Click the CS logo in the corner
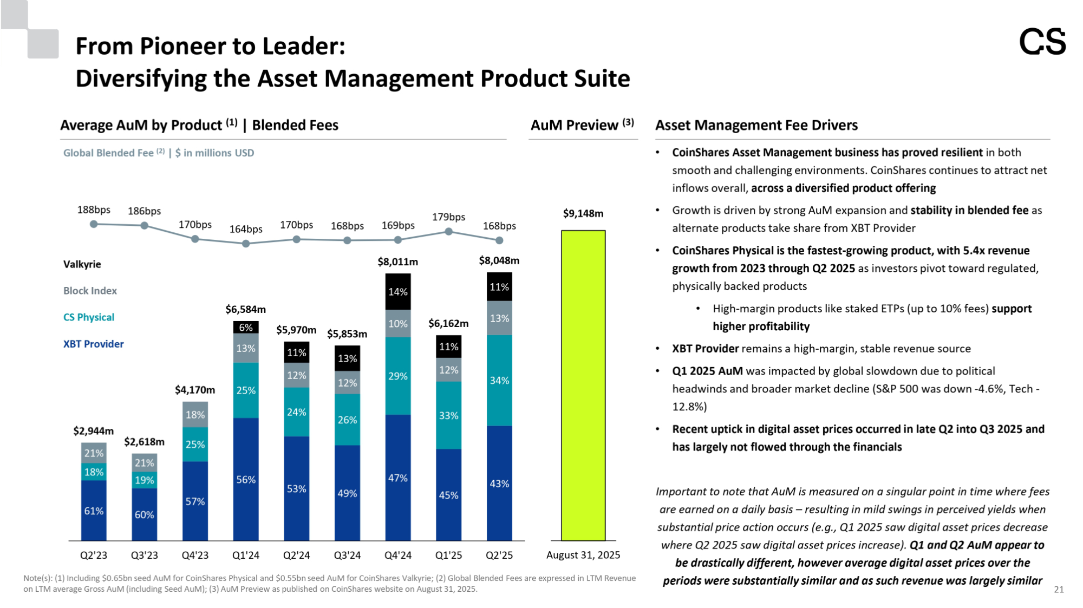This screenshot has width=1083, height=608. pos(1042,42)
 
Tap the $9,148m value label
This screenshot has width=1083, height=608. pos(583,213)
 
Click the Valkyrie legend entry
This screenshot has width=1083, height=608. pos(82,264)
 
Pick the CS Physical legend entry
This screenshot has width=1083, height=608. pos(89,317)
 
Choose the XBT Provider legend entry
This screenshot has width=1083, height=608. pos(93,344)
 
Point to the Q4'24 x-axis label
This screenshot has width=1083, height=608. pos(397,555)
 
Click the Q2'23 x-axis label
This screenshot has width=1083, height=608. pos(94,555)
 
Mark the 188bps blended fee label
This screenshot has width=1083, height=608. pos(94,210)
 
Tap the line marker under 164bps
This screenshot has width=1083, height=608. pos(246,244)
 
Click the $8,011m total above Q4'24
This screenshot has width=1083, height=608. pos(397,262)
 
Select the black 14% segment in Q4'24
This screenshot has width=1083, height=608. pos(397,292)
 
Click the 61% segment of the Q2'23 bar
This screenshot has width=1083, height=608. pos(94,511)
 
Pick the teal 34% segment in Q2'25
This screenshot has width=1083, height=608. pos(499,381)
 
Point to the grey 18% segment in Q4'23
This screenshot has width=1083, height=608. pos(195,415)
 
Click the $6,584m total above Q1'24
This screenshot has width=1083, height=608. pos(245,310)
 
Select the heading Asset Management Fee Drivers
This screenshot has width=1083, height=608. pos(756,125)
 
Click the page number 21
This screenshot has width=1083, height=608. pos(1059,590)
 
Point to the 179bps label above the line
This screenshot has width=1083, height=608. pos(448,217)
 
